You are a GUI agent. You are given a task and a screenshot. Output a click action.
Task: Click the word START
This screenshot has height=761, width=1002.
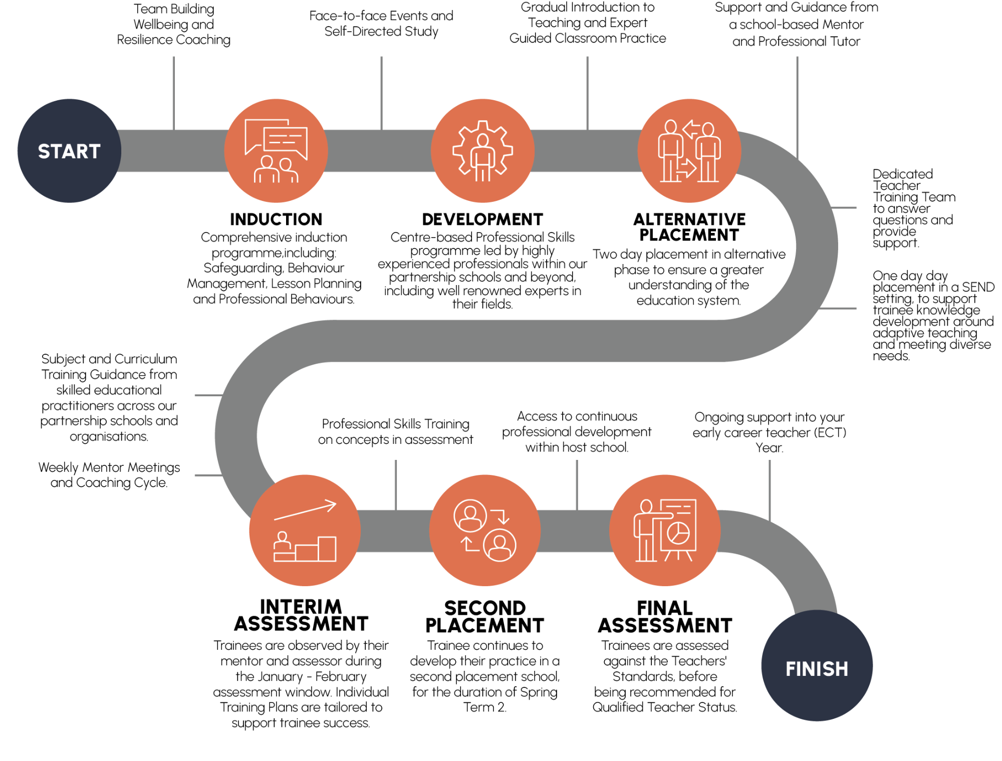coord(69,151)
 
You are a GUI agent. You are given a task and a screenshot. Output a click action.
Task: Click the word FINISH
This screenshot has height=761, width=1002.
coord(817,669)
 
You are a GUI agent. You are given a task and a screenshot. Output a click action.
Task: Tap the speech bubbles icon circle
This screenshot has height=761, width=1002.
coord(276,151)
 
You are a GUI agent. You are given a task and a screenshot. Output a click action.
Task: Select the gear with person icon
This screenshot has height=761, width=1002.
coord(482,151)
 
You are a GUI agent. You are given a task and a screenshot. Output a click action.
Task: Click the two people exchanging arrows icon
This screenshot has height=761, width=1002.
coord(689,151)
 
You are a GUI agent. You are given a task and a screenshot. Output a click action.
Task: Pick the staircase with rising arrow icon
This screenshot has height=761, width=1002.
coord(305,531)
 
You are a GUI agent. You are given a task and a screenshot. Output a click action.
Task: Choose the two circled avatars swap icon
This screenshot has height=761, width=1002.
coord(485,531)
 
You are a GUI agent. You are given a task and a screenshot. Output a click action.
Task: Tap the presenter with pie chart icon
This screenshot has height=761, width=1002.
coord(665,531)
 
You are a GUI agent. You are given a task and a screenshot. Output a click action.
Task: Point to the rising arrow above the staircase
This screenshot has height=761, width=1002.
coord(306,510)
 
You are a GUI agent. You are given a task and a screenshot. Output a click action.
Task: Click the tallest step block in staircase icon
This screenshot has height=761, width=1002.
coord(327,549)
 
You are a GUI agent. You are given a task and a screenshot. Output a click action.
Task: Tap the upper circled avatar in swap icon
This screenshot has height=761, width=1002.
coord(470,516)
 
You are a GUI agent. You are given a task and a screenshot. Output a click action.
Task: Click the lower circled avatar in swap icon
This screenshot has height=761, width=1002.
coord(500,545)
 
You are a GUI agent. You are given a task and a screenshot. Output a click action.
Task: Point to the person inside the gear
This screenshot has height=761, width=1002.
coord(482,155)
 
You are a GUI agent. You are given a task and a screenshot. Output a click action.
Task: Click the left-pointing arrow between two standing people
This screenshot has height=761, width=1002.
coord(691,129)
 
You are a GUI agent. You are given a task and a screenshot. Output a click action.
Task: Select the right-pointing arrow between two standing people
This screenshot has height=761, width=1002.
coord(687,168)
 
